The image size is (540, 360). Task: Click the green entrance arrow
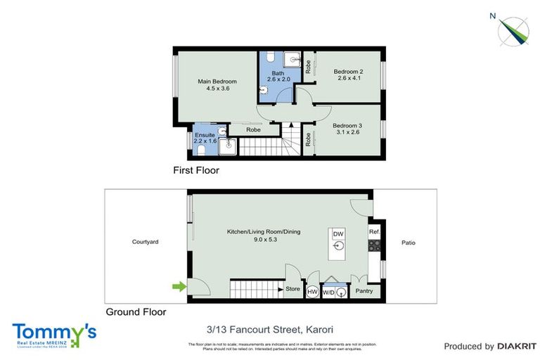click(x=179, y=286)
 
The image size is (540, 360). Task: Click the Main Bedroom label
click(x=213, y=85)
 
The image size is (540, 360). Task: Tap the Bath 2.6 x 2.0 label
click(x=277, y=75)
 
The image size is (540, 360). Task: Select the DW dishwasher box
click(x=338, y=234)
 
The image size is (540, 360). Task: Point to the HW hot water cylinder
click(x=312, y=291)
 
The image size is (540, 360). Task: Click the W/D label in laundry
click(x=328, y=291)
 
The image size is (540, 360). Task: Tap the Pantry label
click(x=364, y=290)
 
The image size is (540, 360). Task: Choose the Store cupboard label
click(x=292, y=289)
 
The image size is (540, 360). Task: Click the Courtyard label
click(x=146, y=242)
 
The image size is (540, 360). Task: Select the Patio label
click(x=409, y=243)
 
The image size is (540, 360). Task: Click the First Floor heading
click(x=196, y=170)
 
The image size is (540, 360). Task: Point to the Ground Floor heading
click(x=136, y=311)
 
